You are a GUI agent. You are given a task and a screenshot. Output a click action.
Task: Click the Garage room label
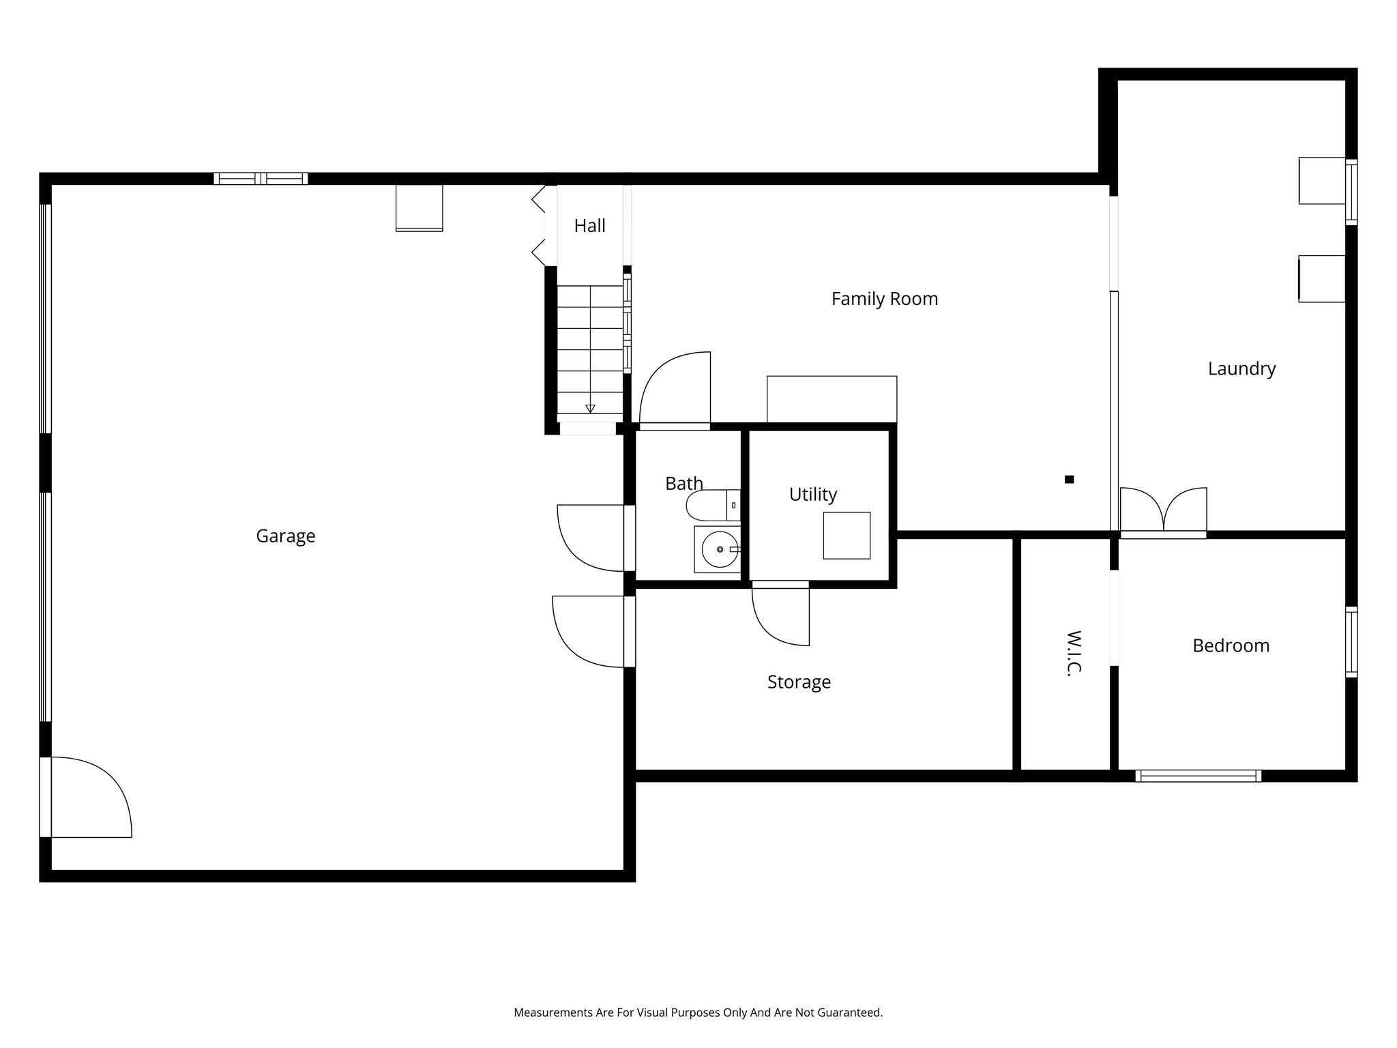pyautogui.click(x=285, y=536)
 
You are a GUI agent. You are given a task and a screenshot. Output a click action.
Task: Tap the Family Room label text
pyautogui.click(x=884, y=299)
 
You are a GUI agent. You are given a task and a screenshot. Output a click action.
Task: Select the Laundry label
pyautogui.click(x=1241, y=369)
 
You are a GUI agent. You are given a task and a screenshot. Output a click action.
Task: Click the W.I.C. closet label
pyautogui.click(x=1073, y=652)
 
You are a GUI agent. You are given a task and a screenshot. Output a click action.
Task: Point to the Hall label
pyautogui.click(x=589, y=226)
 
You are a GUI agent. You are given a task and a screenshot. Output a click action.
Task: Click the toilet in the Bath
pyautogui.click(x=711, y=506)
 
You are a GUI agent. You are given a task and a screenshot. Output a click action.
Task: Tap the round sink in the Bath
pyautogui.click(x=720, y=550)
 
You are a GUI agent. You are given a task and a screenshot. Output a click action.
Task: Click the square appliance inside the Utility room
pyautogui.click(x=847, y=536)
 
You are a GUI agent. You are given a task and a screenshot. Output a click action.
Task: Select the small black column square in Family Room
pyautogui.click(x=1069, y=480)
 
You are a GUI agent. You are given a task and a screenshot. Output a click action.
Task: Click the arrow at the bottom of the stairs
pyautogui.click(x=590, y=409)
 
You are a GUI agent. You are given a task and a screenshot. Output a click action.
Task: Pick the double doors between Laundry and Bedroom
pyautogui.click(x=1163, y=512)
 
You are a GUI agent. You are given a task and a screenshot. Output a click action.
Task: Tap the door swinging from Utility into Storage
pyautogui.click(x=782, y=613)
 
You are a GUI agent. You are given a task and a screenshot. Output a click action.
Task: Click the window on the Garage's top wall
pyautogui.click(x=261, y=179)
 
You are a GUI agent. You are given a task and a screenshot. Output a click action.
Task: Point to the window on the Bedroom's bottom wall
pyautogui.click(x=1198, y=776)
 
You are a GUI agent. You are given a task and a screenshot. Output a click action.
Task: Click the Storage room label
pyautogui.click(x=799, y=682)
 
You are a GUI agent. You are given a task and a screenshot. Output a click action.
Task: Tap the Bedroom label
pyautogui.click(x=1231, y=646)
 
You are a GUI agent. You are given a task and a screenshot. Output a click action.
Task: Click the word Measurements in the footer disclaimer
pyautogui.click(x=553, y=1013)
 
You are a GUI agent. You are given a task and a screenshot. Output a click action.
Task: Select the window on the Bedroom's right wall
pyautogui.click(x=1351, y=642)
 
